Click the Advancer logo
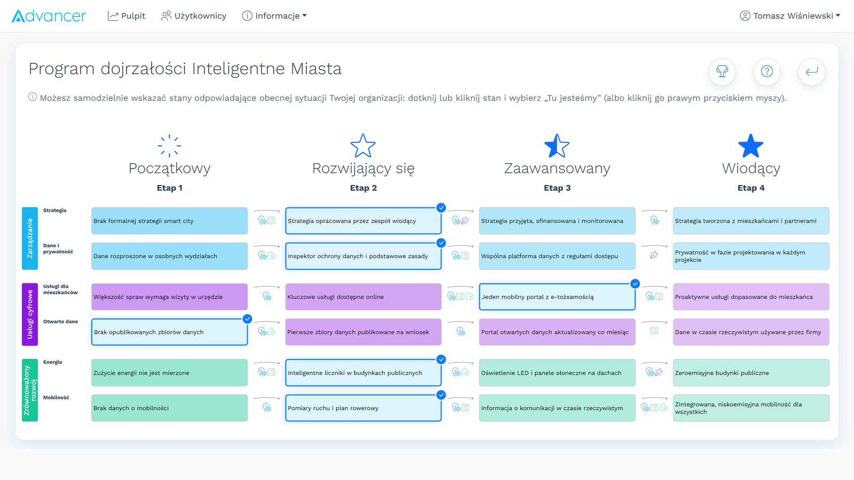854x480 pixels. [x=49, y=16]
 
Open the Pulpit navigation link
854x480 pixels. [x=126, y=16]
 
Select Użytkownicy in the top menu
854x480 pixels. [x=194, y=16]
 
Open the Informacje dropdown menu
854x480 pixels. [x=274, y=16]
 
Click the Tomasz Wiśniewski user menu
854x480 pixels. [x=790, y=16]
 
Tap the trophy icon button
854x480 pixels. [x=722, y=71]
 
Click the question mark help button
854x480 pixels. [x=766, y=71]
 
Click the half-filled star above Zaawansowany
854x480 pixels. [x=557, y=146]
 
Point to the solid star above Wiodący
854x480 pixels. [x=750, y=146]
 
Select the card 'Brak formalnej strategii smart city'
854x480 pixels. [x=169, y=221]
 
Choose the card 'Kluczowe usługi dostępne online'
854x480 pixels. [x=363, y=297]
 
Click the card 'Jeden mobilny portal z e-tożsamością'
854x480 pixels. [x=557, y=297]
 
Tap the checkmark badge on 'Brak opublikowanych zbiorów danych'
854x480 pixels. [x=248, y=319]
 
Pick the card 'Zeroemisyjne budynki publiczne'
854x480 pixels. [x=751, y=373]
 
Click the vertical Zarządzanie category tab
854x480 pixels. [x=30, y=238]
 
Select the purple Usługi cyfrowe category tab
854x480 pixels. [x=30, y=314]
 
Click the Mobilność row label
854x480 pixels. [x=56, y=397]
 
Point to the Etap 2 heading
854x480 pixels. [x=363, y=188]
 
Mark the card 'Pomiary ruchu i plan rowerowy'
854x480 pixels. [x=363, y=408]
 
